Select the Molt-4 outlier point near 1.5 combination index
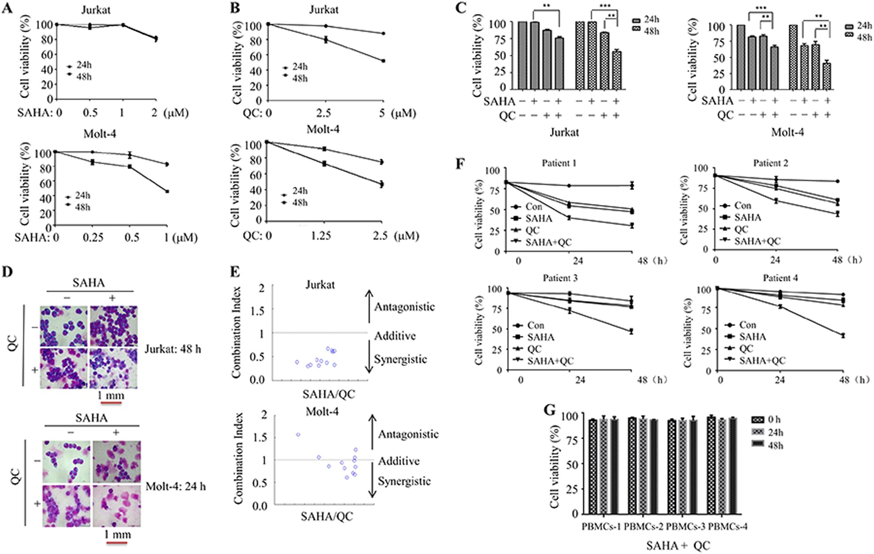click(298, 434)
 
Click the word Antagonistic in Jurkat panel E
click(404, 307)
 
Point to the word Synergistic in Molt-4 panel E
click(404, 481)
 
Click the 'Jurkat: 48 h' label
click(173, 349)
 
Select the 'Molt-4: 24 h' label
click(175, 486)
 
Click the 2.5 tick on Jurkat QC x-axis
click(324, 113)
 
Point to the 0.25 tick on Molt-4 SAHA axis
click(93, 237)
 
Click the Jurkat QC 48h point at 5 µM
click(383, 60)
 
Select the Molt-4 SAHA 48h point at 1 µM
click(167, 191)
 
